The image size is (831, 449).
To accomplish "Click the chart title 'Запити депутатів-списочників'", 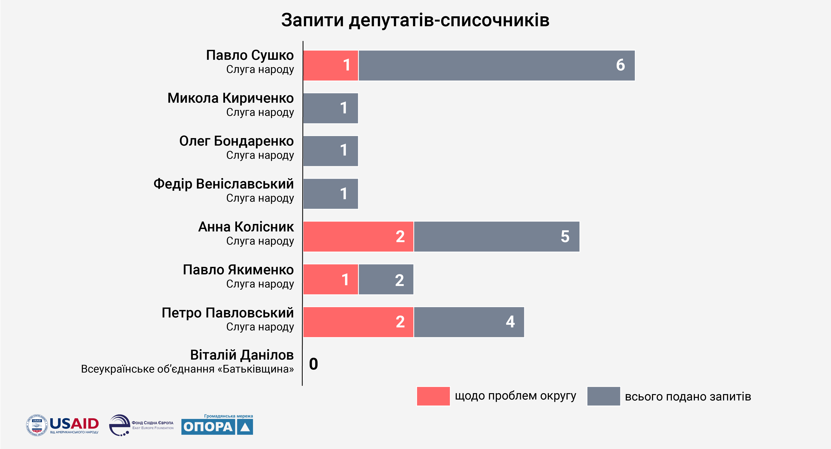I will pos(415,20).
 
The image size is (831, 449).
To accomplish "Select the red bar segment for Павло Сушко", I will pos(330,65).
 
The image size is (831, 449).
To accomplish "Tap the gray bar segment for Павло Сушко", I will pos(496,65).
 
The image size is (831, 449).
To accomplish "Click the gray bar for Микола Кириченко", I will pos(330,108).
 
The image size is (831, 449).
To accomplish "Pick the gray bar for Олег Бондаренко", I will pos(330,151).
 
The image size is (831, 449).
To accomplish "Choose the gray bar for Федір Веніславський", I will pos(330,194).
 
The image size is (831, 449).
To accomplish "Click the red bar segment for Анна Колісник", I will pos(358,236).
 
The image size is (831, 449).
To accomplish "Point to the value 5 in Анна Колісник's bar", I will pos(565,236).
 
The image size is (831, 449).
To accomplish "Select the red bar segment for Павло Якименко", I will pos(330,279).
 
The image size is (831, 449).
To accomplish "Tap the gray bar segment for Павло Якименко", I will pos(386,279).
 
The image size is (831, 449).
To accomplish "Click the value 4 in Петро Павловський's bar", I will pos(510,322).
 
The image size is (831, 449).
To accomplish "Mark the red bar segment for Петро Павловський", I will pos(358,322).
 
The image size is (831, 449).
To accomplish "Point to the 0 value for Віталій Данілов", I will pos(313,364).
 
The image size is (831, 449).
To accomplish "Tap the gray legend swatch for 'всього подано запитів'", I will pos(603,396).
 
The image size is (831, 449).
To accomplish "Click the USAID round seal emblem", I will pos(37,425).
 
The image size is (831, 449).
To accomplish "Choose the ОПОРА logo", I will pos(217,427).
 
